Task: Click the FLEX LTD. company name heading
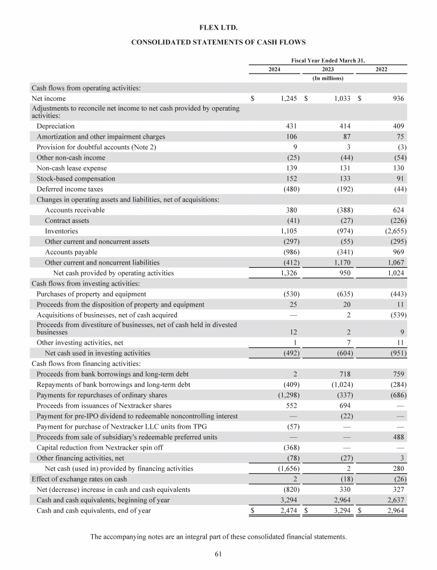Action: pos(218,27)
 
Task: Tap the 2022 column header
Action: pos(381,69)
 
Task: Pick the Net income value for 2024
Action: pos(289,99)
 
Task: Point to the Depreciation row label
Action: pos(55,125)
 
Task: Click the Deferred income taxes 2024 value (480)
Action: pos(290,189)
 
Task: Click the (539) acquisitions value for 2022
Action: pos(397,315)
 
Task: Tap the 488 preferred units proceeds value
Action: pos(398,437)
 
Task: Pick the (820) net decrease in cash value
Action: pos(290,490)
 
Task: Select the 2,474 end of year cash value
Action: pos(289,511)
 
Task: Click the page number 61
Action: pos(218,554)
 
